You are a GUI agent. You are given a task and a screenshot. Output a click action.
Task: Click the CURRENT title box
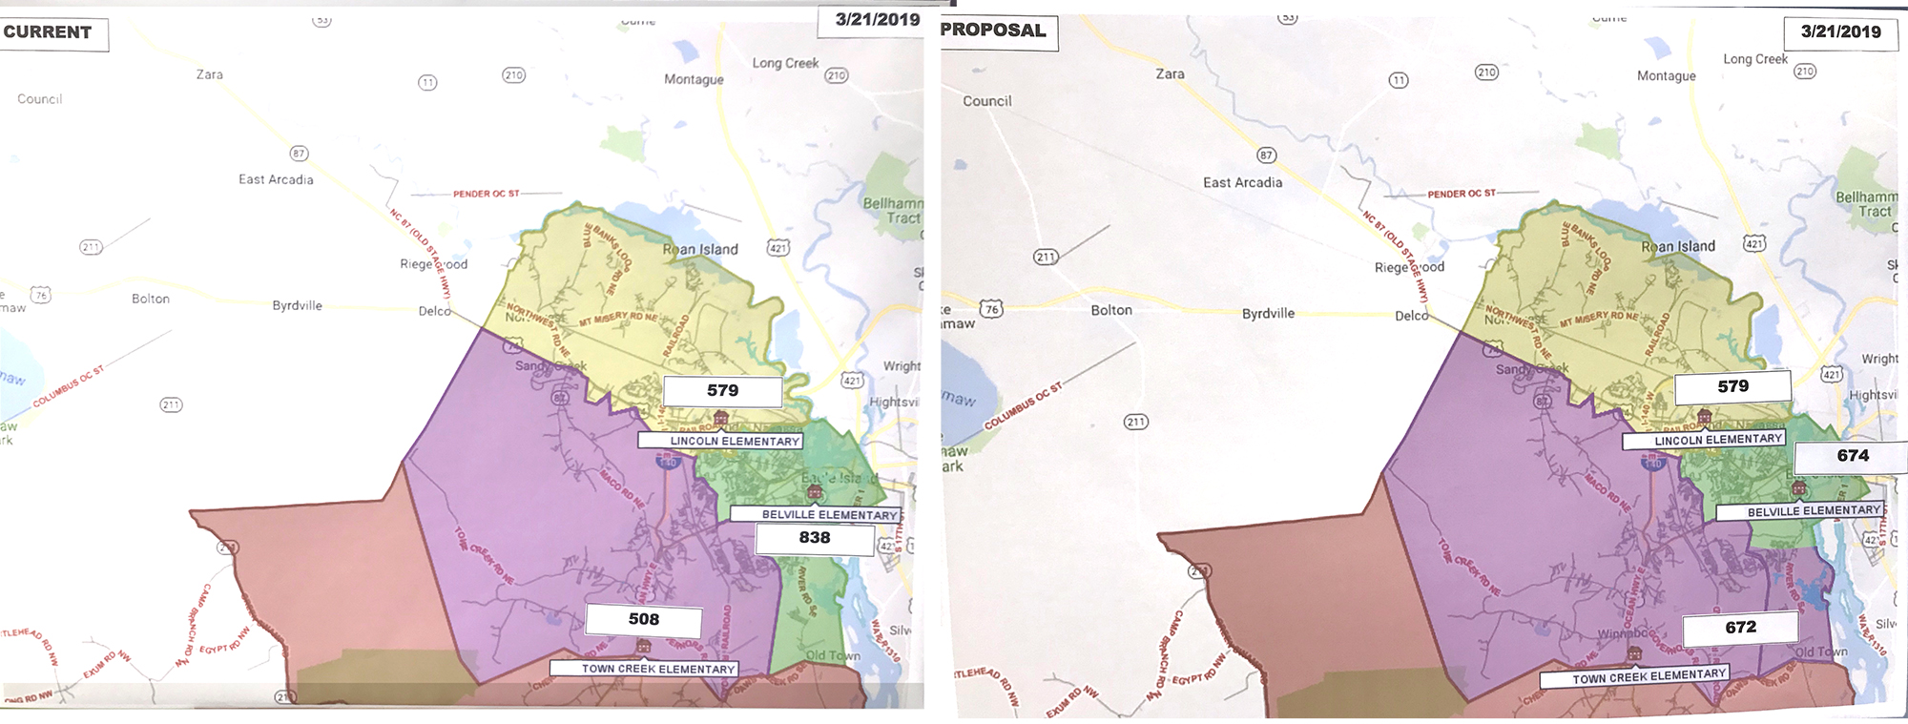coord(50,32)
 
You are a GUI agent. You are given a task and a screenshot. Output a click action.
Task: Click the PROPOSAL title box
coord(995,31)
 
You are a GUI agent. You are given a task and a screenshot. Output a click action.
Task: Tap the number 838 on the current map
coord(815,538)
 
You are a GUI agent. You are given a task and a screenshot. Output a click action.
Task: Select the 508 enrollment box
coord(644,620)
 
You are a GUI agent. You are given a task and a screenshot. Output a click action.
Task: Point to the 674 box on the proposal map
coord(1853,456)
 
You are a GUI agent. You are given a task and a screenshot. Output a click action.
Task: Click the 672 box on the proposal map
coord(1740,628)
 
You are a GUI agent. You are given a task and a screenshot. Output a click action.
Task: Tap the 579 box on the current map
coord(722,391)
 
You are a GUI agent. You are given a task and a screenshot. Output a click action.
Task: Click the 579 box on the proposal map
coord(1732,386)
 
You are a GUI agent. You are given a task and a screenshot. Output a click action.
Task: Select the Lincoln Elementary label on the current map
coord(734,442)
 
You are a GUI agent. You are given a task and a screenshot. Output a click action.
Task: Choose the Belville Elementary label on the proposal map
coord(1813,511)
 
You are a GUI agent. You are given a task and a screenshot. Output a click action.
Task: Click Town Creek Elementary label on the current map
coord(658,670)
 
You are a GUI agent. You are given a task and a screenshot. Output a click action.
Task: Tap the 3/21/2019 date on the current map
coord(877,20)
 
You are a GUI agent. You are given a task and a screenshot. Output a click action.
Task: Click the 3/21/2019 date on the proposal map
coord(1840,31)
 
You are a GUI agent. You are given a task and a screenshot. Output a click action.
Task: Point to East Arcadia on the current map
coord(276,179)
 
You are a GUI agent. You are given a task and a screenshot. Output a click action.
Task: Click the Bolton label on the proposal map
coord(1111,310)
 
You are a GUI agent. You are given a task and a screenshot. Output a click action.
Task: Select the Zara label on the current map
coord(210,74)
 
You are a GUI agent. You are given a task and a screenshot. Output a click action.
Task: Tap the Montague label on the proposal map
coord(1666,76)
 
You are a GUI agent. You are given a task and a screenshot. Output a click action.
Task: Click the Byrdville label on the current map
coord(297,305)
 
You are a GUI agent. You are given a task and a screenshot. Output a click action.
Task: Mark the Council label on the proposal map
coord(986,101)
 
